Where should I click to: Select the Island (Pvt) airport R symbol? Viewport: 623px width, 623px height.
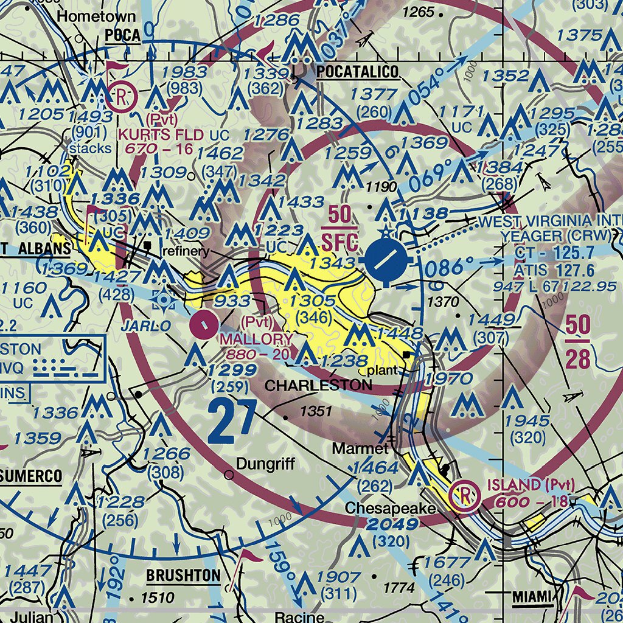[464, 494]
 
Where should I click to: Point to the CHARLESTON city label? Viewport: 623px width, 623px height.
[318, 385]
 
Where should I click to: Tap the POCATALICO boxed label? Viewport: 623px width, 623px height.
[357, 72]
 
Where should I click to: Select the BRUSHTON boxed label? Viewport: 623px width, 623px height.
[183, 575]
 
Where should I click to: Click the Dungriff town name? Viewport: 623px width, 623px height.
[265, 464]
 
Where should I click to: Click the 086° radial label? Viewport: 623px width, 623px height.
[450, 267]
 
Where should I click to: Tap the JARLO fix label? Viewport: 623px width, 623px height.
[146, 326]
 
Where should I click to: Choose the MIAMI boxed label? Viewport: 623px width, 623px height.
[531, 597]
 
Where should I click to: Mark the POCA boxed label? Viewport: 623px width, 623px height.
[122, 36]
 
